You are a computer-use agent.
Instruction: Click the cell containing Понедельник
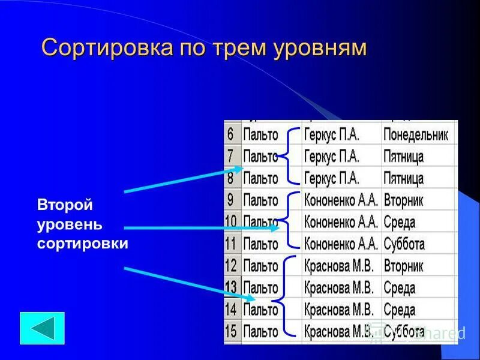(416, 135)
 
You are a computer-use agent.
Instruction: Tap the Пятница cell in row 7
(403, 157)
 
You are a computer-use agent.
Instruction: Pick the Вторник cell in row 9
(403, 200)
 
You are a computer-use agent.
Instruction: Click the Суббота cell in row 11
(404, 244)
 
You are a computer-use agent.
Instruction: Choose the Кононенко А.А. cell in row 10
(341, 223)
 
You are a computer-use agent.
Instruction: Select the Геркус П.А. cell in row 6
(331, 135)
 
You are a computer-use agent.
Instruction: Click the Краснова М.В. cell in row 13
(338, 287)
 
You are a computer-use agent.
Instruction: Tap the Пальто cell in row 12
(260, 266)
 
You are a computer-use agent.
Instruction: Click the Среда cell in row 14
(399, 310)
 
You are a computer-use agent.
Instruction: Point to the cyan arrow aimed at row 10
(201, 228)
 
